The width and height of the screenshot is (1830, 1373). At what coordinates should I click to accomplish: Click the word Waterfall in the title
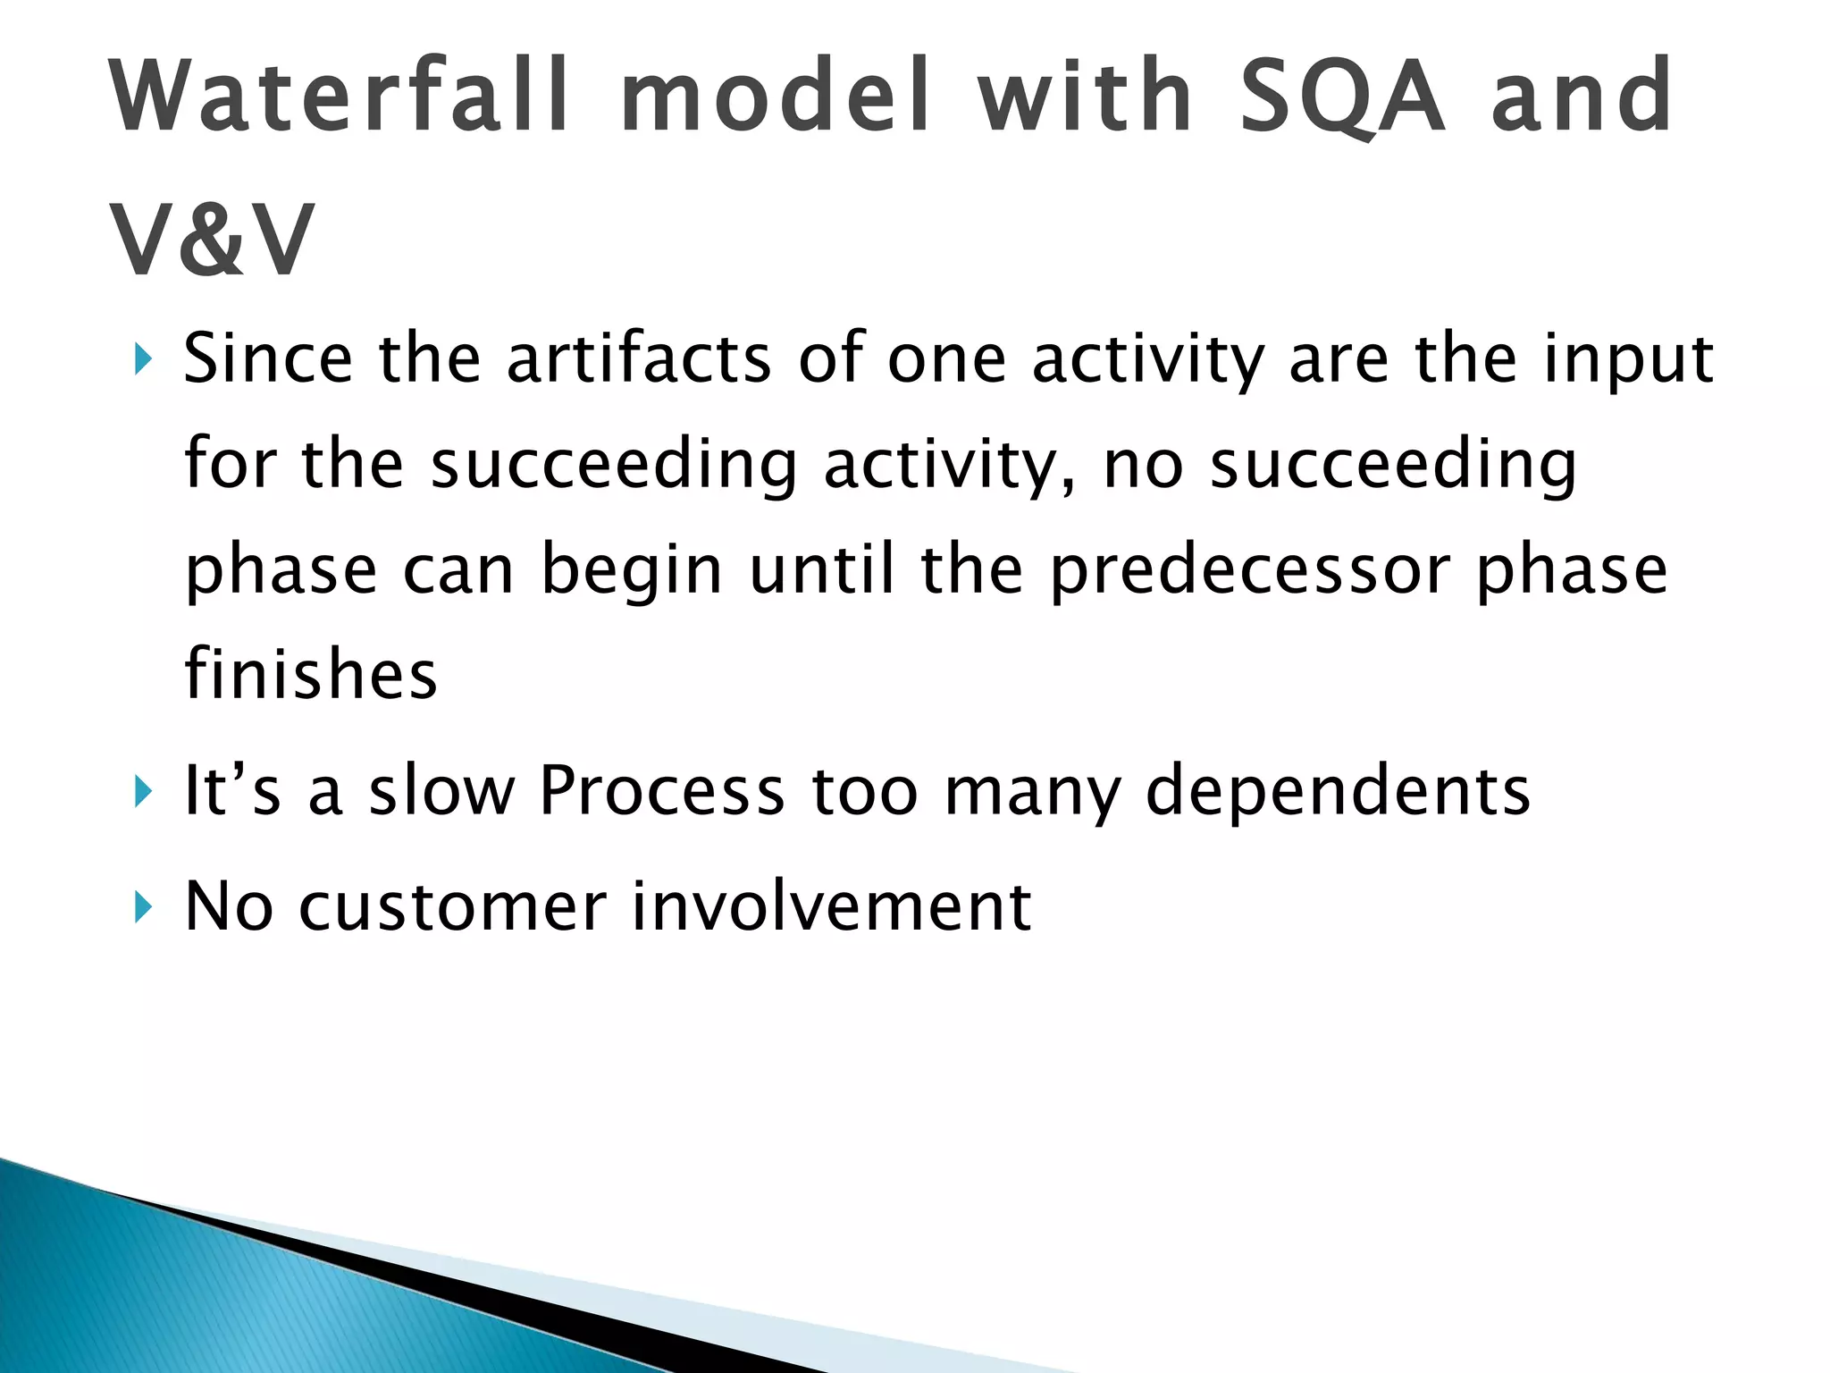(x=340, y=96)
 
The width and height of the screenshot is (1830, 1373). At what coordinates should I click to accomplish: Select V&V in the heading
(x=212, y=241)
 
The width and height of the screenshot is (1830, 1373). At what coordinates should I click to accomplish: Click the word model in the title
(x=775, y=96)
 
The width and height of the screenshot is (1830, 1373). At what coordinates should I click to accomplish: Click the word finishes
(x=311, y=674)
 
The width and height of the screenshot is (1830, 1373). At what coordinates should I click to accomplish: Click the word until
(x=822, y=569)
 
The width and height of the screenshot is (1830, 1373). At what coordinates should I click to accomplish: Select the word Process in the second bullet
(x=662, y=790)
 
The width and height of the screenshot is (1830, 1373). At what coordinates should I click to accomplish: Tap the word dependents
(x=1338, y=792)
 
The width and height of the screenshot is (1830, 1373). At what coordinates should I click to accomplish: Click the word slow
(x=442, y=790)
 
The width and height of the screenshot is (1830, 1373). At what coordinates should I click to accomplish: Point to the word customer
(x=452, y=907)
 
